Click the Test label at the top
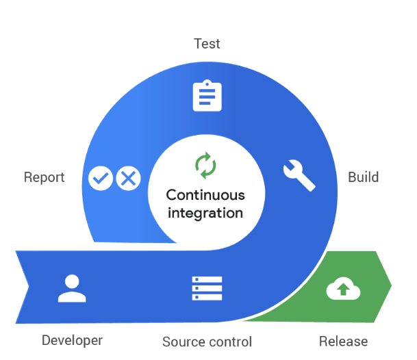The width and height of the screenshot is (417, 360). point(207,44)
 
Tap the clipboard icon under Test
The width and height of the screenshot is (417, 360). point(207,96)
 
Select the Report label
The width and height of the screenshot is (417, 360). point(44,177)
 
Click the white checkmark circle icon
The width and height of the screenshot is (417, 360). point(101,179)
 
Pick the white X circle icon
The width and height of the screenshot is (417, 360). point(127,179)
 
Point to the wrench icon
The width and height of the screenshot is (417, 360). point(299,175)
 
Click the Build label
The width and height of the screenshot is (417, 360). point(363,177)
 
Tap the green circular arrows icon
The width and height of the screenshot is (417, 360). point(205,165)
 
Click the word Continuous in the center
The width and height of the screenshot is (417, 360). point(205,195)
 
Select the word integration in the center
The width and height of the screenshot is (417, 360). point(205,213)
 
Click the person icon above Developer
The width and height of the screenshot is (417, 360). point(72,288)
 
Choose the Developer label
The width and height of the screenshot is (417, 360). point(72,340)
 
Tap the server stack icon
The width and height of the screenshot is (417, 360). point(207,289)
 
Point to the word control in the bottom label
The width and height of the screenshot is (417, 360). point(229,342)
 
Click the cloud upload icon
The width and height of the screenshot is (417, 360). point(343,289)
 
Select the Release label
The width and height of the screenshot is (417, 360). point(343,341)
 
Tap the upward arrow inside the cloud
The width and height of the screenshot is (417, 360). point(343,291)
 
